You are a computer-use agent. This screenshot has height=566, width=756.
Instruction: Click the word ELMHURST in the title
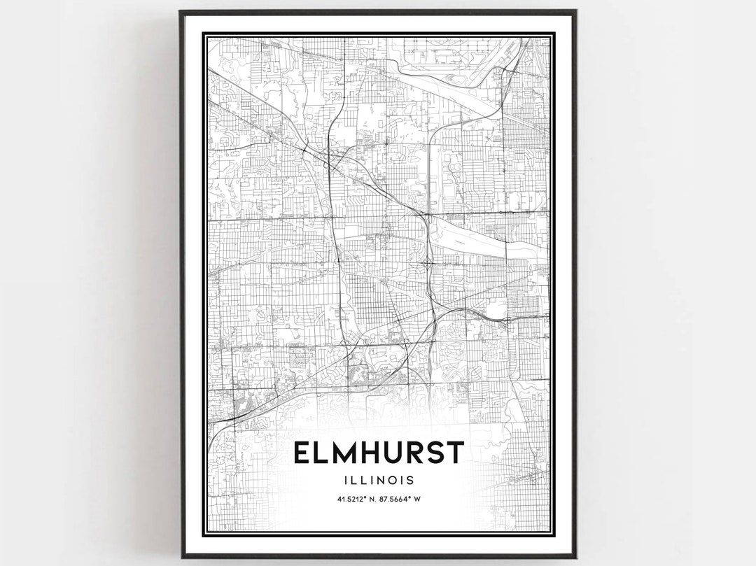(378, 453)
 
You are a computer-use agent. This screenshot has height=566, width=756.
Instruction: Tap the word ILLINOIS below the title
(378, 481)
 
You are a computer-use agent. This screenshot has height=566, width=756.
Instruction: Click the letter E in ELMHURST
(303, 453)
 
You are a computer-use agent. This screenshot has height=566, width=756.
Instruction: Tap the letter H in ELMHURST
(372, 453)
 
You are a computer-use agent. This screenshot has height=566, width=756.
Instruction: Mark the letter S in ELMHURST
(437, 453)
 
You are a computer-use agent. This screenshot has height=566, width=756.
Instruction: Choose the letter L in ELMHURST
(323, 453)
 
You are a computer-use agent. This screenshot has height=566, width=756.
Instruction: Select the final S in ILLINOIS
(409, 481)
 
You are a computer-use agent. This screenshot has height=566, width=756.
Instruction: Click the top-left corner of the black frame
(181, 11)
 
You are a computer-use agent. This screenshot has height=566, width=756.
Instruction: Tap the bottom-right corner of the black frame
(575, 557)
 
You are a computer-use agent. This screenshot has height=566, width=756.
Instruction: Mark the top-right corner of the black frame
(575, 11)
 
